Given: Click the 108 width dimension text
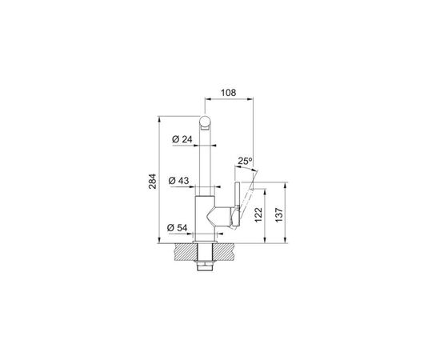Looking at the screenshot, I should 227,93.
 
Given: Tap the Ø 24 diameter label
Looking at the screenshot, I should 183,140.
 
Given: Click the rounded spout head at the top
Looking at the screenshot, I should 206,122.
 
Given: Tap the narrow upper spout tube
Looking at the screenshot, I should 206,160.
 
